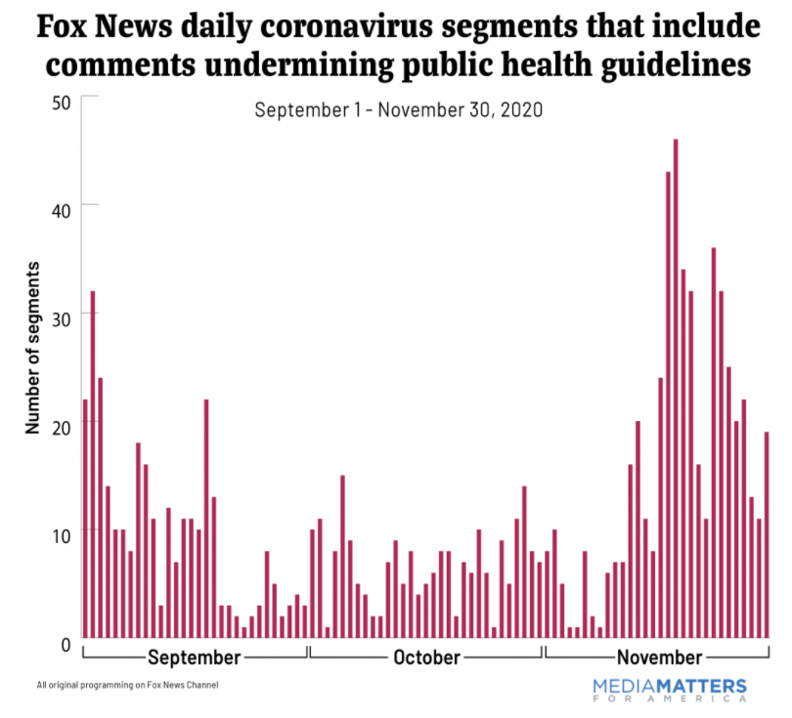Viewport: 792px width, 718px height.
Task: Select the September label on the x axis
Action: point(194,656)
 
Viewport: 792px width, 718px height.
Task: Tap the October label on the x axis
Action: point(426,656)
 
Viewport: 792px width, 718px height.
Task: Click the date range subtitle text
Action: point(398,109)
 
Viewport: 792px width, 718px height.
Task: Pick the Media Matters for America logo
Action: point(670,689)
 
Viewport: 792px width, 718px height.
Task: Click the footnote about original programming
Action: point(127,685)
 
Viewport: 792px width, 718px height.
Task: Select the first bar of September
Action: point(85,517)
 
